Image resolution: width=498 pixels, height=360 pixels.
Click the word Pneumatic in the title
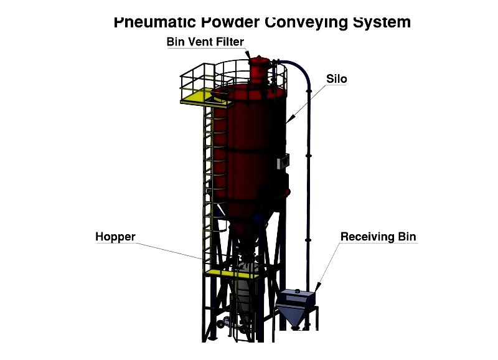click(x=155, y=22)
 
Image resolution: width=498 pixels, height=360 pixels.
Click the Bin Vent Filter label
click(x=205, y=42)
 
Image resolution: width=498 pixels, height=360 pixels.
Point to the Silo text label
click(x=337, y=79)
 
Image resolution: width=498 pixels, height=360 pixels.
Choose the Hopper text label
click(x=115, y=237)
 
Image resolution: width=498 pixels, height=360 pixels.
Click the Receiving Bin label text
click(x=378, y=237)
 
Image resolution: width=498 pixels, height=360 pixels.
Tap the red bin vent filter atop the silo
click(x=259, y=70)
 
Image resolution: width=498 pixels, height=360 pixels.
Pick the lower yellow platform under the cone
click(x=230, y=274)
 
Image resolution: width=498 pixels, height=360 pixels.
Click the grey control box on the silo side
click(x=283, y=161)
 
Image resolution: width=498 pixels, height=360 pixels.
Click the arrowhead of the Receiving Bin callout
click(x=318, y=287)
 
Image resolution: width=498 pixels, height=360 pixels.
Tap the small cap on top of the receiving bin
click(x=298, y=291)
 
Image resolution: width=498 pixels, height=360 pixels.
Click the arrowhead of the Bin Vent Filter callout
click(x=248, y=55)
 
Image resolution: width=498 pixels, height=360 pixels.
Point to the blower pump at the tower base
click(x=225, y=322)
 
